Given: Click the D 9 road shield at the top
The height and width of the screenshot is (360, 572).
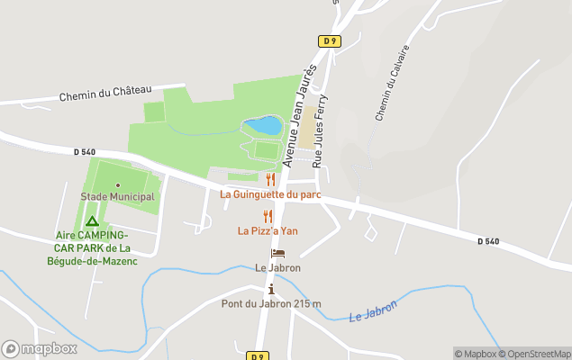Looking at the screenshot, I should tap(329, 40).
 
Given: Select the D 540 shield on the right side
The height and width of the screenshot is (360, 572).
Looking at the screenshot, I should tap(486, 240).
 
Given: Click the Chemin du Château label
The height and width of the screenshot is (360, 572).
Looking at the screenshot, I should tap(104, 93).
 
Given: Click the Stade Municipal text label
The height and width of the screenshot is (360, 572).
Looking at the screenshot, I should tap(118, 196).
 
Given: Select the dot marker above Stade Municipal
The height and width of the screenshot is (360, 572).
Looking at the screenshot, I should tap(118, 184).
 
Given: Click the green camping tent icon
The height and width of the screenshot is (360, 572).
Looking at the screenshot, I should tap(91, 220).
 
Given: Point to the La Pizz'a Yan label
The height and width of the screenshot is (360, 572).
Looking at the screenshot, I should tap(268, 230).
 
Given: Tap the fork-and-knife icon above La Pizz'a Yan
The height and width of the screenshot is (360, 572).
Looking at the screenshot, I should tap(268, 216).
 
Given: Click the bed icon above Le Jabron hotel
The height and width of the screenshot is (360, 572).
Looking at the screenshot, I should tap(277, 254).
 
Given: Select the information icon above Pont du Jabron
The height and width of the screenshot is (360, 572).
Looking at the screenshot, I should tap(271, 289).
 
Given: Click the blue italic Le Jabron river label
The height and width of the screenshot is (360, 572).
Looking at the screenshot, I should tap(374, 313).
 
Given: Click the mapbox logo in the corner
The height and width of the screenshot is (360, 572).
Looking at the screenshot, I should tap(40, 348).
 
